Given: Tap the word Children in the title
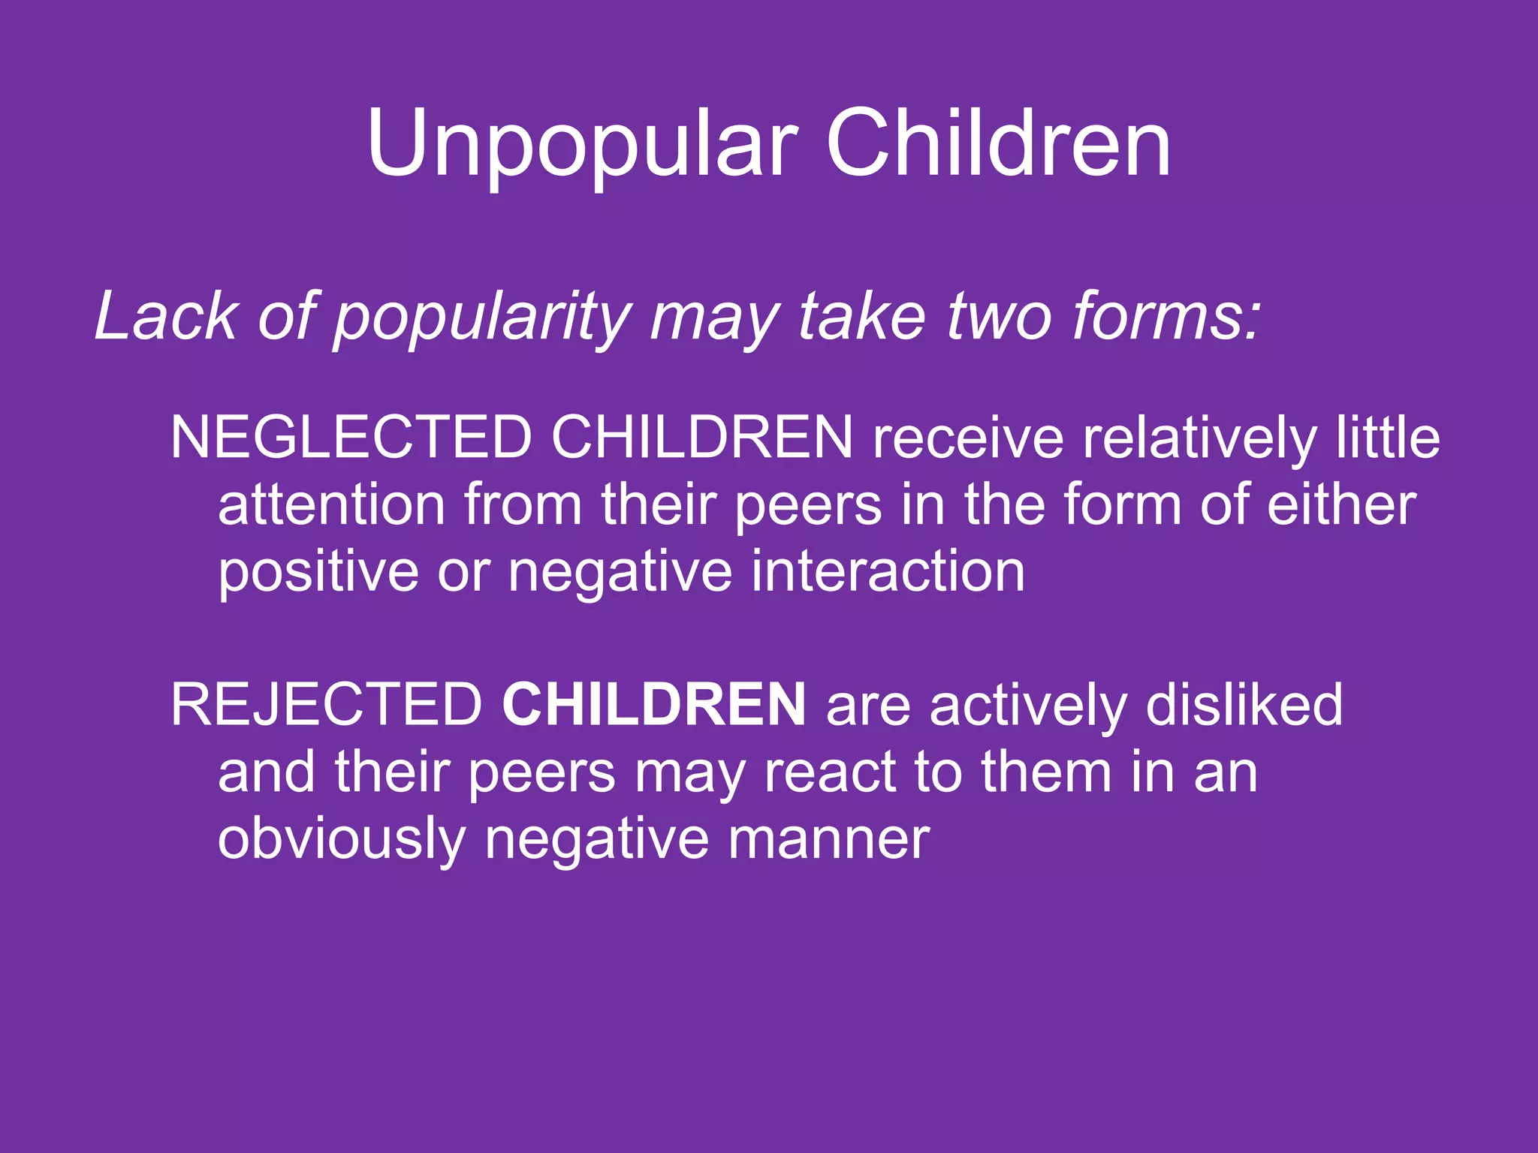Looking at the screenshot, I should [998, 143].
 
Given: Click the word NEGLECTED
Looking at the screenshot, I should [351, 438].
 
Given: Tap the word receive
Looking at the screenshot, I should [968, 438].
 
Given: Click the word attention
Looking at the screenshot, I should [332, 504].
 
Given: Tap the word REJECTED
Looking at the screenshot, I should [327, 705].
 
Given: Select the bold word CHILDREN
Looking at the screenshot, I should [654, 705].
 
